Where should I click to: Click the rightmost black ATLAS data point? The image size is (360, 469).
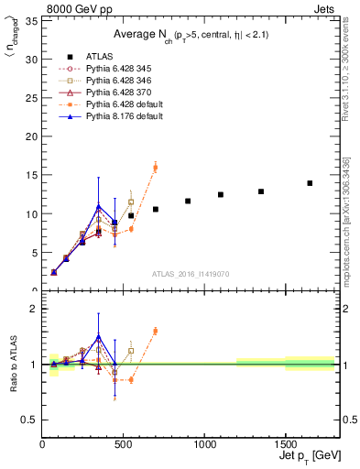tap(310, 183)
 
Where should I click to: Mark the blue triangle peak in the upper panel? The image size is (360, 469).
tap(99, 207)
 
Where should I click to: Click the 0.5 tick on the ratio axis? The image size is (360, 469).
tap(30, 420)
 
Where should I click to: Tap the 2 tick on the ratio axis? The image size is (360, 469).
tap(34, 309)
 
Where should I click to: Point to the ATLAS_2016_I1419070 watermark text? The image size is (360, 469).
tap(190, 273)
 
